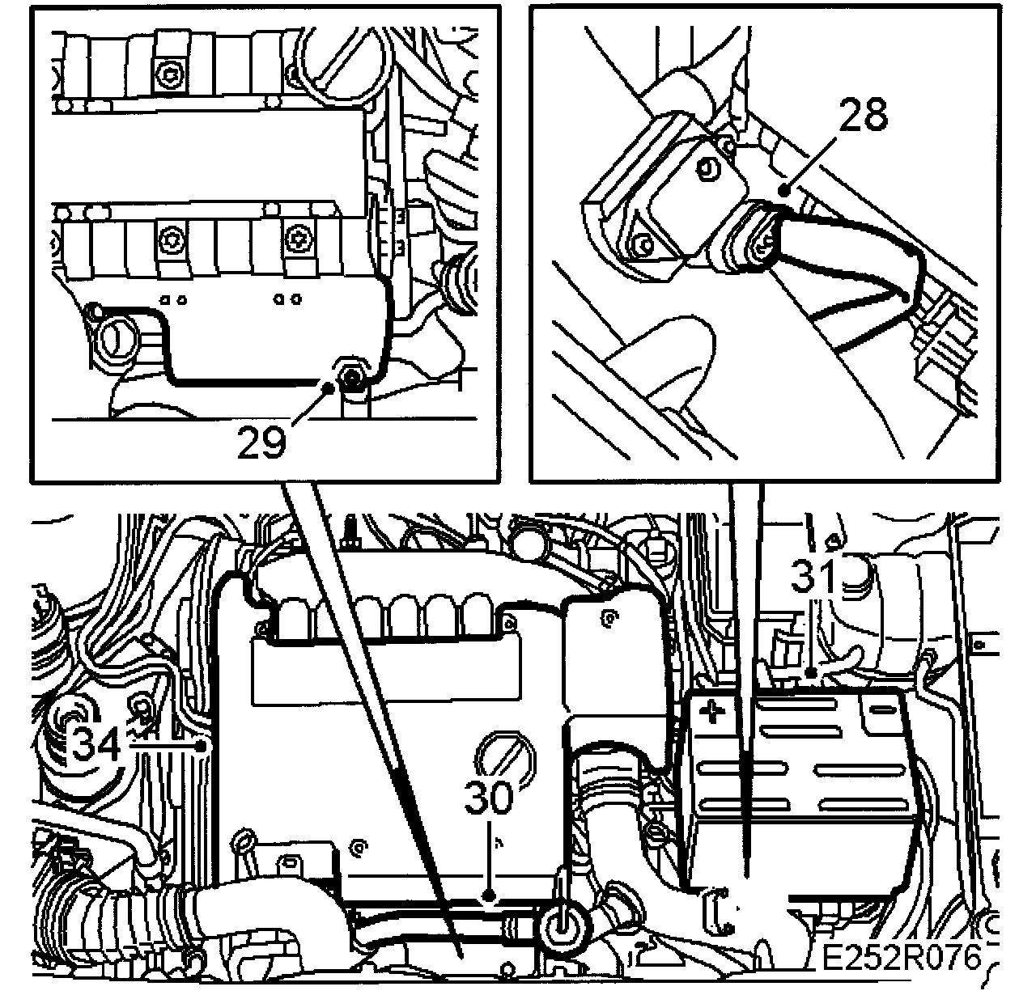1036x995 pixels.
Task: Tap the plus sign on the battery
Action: click(712, 713)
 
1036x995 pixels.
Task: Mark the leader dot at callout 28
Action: click(783, 189)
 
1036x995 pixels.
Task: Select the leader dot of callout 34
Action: click(202, 746)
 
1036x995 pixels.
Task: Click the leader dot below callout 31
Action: click(811, 672)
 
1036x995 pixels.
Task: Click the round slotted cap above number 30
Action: click(503, 756)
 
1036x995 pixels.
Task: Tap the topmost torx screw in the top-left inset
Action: click(169, 75)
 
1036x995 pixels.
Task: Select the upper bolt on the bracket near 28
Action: click(707, 170)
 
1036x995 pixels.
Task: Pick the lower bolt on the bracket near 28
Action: click(645, 246)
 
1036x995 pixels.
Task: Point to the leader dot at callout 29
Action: click(329, 387)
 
